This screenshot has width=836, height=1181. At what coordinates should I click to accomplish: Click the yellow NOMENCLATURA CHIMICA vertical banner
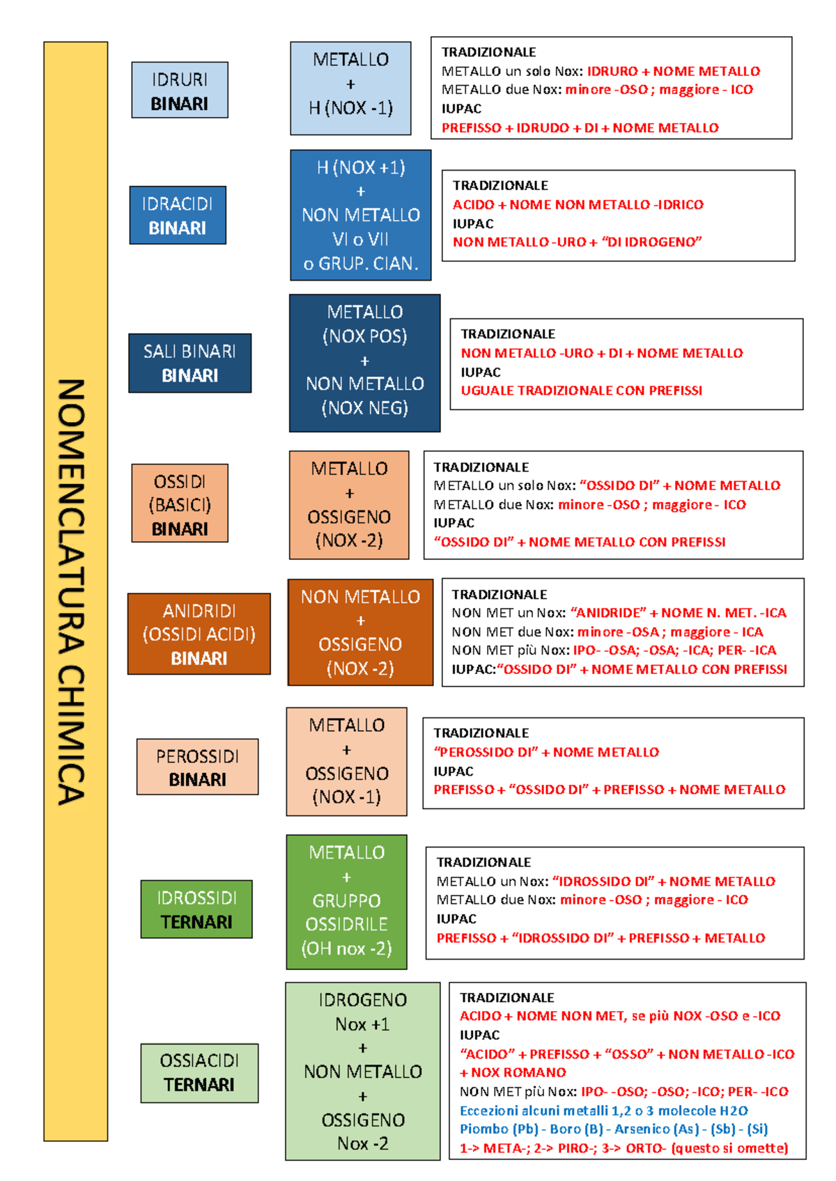coord(75,592)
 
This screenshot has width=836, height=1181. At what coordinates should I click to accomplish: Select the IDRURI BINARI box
coord(180,90)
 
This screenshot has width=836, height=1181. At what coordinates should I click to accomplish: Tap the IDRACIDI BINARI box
coord(178,215)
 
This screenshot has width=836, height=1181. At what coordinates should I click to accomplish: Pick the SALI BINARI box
coord(190,363)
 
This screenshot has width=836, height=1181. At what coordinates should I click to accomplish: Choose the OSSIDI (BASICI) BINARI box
coord(180,503)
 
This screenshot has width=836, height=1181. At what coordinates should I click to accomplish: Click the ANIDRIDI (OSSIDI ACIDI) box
coord(199,634)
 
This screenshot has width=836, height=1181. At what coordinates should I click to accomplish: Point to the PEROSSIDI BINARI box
coord(197,767)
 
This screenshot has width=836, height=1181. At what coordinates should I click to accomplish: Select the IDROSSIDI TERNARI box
coord(196,909)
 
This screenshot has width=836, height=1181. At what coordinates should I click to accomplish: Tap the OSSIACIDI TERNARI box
coord(199,1073)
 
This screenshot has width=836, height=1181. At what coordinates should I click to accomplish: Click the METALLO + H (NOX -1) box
coord(350,88)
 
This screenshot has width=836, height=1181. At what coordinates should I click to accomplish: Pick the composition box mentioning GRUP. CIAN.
coord(361,215)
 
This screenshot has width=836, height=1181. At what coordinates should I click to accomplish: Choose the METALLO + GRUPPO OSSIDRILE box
coord(346,902)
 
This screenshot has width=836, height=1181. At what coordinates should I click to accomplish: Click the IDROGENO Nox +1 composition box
coord(363,1072)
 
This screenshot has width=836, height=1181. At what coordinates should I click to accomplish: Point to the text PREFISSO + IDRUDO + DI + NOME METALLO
coord(580,128)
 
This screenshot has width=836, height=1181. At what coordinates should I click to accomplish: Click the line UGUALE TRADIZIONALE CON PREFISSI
coord(582,391)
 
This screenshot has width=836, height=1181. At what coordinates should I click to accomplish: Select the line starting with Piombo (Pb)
coord(614,1129)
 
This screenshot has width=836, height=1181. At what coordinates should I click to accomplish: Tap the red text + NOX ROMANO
coord(513,1072)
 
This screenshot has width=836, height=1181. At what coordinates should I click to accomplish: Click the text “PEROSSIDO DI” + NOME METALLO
coord(546,752)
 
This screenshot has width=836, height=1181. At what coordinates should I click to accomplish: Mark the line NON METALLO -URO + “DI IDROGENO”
coord(578,242)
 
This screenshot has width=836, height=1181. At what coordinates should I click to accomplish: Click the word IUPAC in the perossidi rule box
coord(454,772)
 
